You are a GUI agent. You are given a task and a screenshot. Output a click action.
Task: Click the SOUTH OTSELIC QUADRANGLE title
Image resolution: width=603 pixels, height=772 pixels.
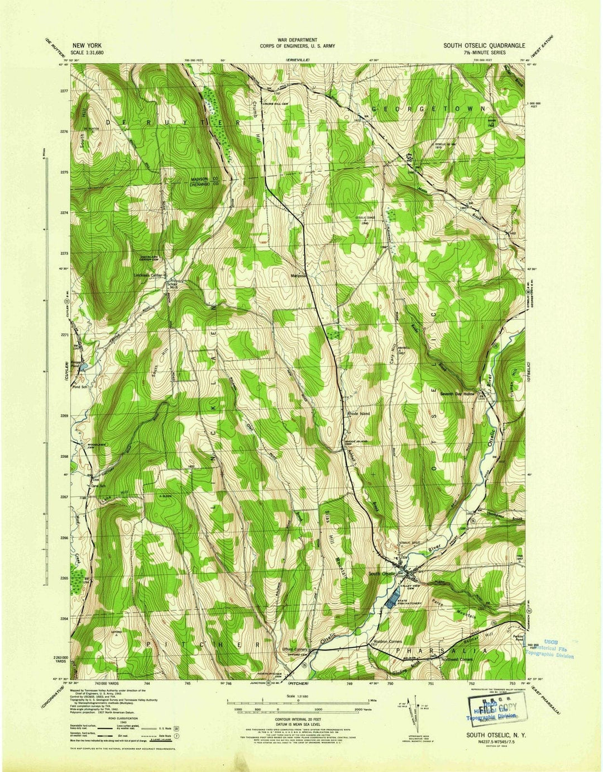tap(484, 46)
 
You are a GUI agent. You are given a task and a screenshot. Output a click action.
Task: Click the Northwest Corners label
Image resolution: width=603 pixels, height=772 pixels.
tap(456, 660)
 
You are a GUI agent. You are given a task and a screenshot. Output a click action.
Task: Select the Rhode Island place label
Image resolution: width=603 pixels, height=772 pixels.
tap(358, 414)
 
